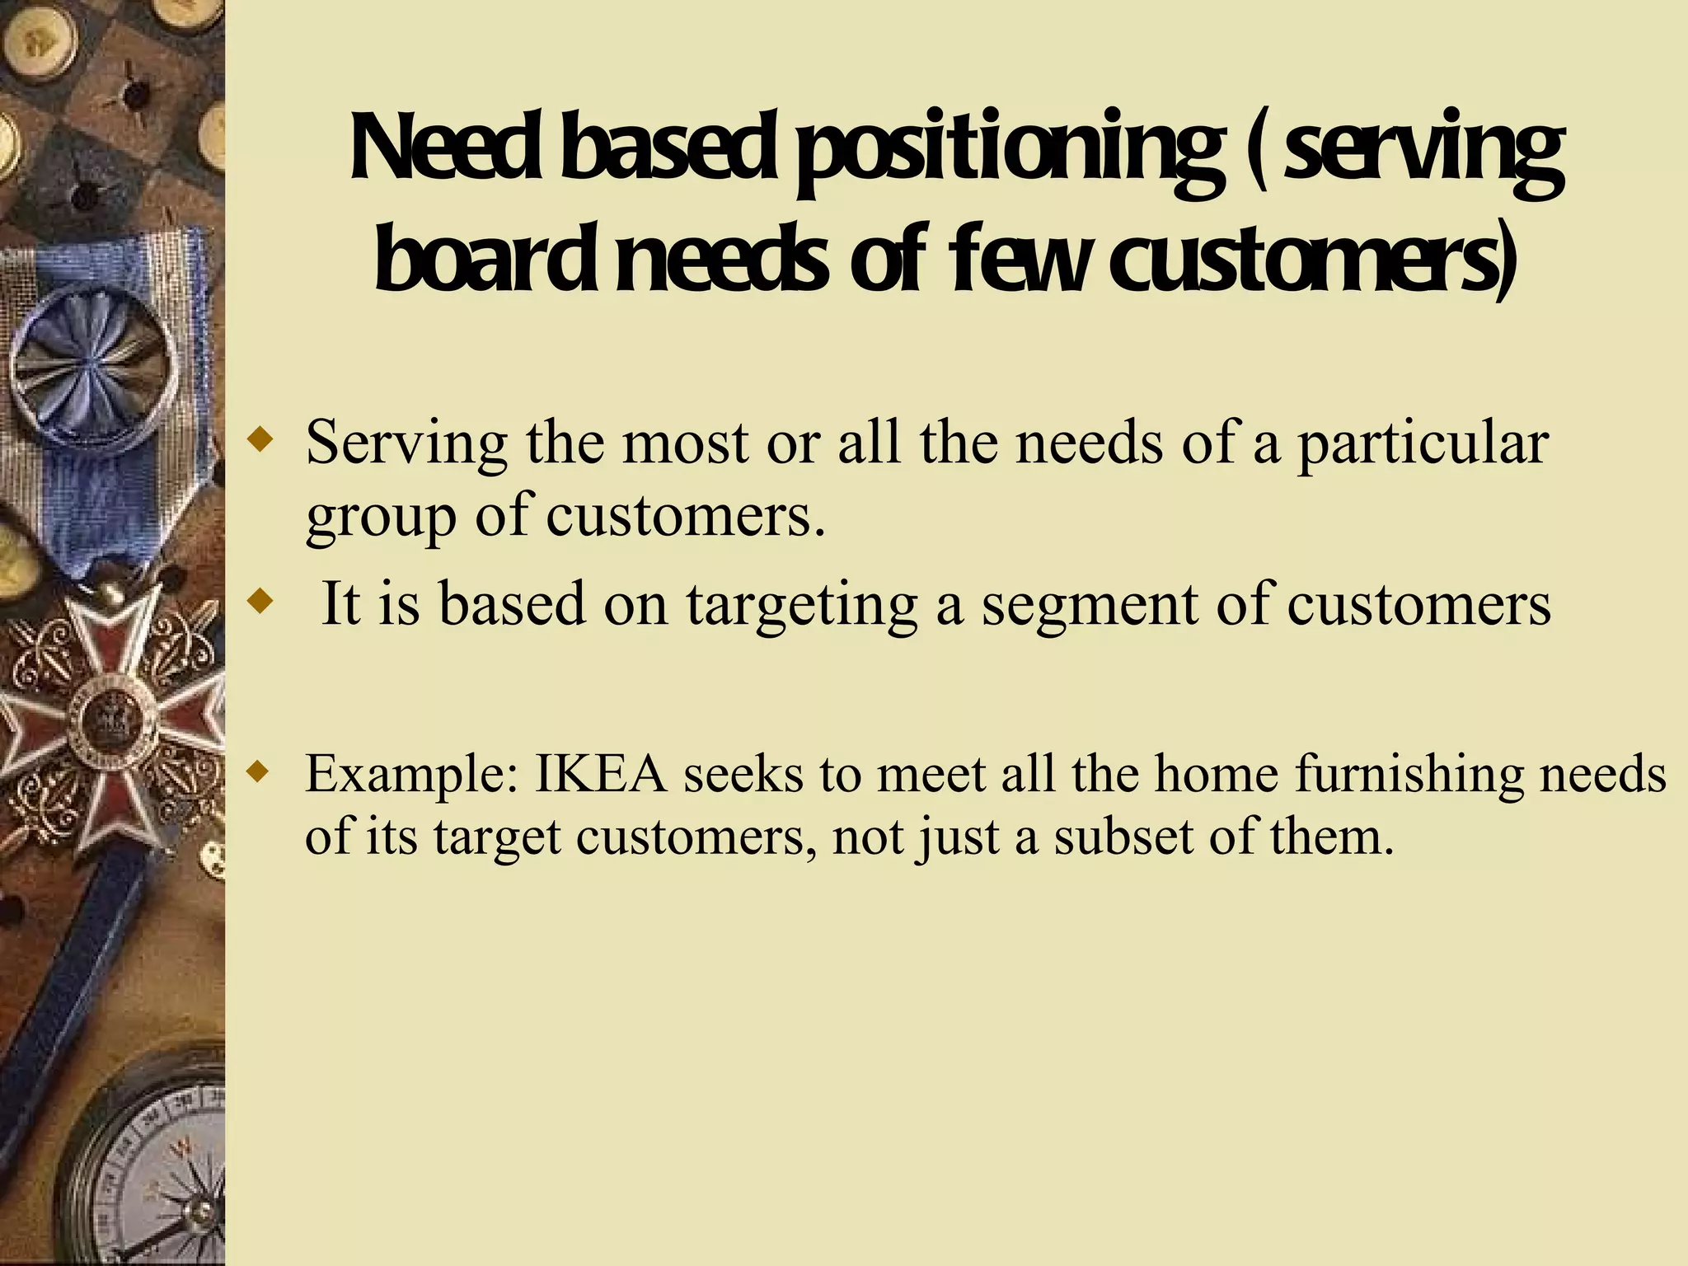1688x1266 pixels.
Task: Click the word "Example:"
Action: (x=411, y=776)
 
